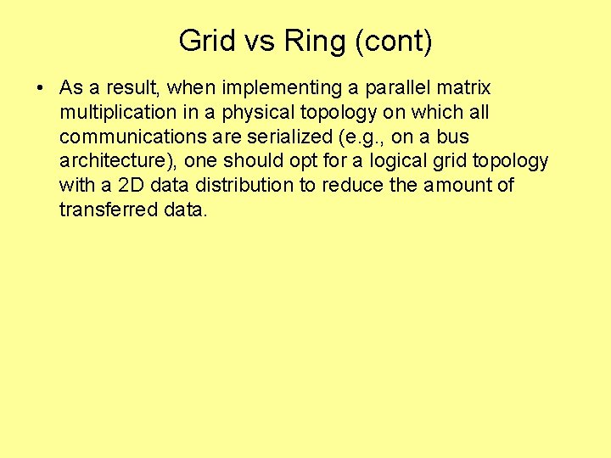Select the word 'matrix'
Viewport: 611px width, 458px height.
point(463,88)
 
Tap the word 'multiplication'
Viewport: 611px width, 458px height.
point(115,113)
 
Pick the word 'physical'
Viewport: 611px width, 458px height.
point(244,113)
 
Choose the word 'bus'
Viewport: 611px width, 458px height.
point(452,137)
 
